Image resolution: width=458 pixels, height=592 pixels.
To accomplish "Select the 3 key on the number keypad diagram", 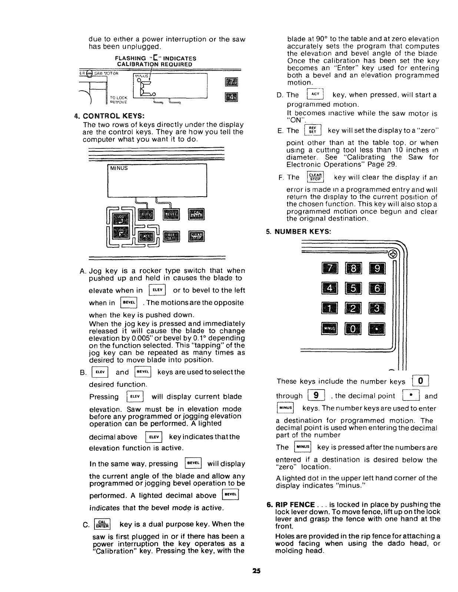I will point(377,308).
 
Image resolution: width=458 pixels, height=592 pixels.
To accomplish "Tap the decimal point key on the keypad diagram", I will point(377,328).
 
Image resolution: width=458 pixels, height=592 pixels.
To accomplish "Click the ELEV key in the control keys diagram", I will point(147,215).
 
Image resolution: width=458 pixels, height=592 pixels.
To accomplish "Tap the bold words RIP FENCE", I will point(294,504).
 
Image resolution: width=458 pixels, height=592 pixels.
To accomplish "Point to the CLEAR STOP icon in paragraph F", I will point(316,177).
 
